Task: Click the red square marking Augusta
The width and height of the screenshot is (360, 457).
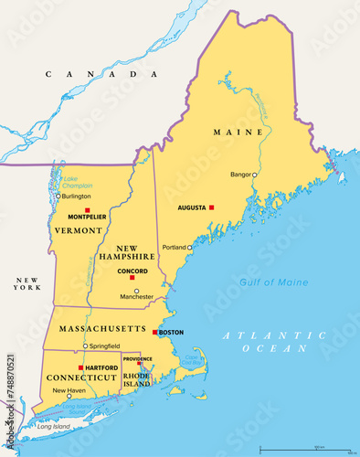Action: tap(211, 207)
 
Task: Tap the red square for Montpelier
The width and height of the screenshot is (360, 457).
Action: tap(87, 210)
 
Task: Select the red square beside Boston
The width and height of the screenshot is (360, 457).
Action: tap(155, 332)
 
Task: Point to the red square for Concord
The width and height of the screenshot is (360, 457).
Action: tap(132, 277)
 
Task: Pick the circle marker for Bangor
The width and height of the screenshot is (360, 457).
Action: tap(255, 174)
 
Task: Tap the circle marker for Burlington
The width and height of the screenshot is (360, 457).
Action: tap(58, 196)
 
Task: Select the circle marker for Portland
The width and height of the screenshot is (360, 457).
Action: tap(190, 247)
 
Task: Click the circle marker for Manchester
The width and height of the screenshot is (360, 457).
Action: tap(137, 292)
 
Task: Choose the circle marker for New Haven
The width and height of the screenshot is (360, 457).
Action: tap(68, 398)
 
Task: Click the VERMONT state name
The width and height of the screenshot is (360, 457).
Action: tap(78, 229)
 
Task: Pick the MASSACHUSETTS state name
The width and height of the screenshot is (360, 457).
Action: tap(101, 327)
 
